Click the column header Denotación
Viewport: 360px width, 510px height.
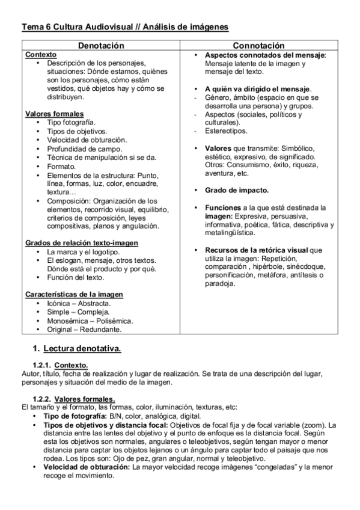coord(102,46)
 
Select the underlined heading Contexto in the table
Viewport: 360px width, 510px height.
coord(40,54)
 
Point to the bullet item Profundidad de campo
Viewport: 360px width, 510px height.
coord(85,149)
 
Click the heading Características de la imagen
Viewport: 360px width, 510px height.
coord(74,294)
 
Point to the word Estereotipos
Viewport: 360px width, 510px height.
coord(227,131)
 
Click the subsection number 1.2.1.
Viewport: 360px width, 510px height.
coord(41,365)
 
